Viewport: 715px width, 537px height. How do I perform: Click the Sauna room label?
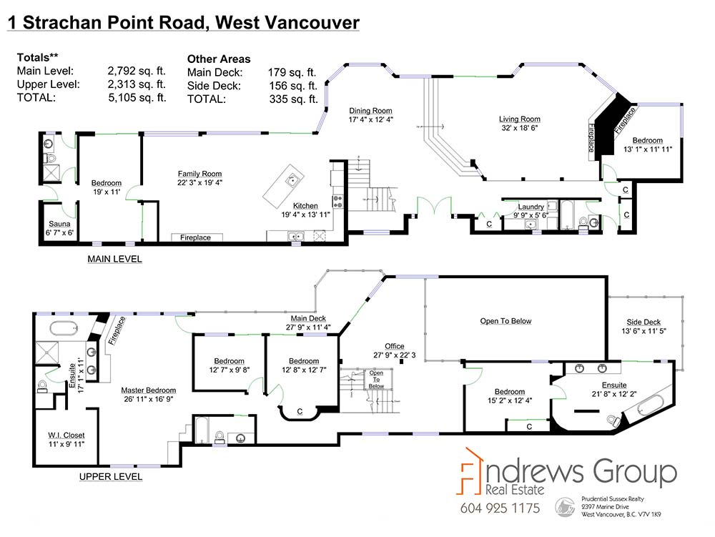point(59,224)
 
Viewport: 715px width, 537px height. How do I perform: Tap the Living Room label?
point(519,119)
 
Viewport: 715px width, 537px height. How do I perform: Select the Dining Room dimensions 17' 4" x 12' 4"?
point(370,119)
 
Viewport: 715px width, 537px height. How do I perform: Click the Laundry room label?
point(531,207)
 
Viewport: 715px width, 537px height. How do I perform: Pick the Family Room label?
point(199,174)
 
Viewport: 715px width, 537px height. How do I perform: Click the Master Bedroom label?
point(148,390)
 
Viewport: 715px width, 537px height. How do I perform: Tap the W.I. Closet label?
point(66,435)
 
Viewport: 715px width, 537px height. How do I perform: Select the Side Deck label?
point(643,322)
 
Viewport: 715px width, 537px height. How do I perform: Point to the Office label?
point(395,346)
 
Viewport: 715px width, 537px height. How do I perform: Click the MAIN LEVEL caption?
point(114,259)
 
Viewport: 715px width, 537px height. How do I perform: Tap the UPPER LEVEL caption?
point(111,476)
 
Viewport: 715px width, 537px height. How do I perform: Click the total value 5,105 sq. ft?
point(137,97)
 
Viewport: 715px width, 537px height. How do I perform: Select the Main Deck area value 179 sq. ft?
point(292,72)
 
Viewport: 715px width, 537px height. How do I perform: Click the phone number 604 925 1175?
point(500,508)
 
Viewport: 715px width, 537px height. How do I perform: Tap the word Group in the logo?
point(634,472)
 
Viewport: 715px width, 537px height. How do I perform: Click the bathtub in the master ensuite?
point(63,327)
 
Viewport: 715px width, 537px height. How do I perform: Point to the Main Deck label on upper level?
point(308,318)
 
